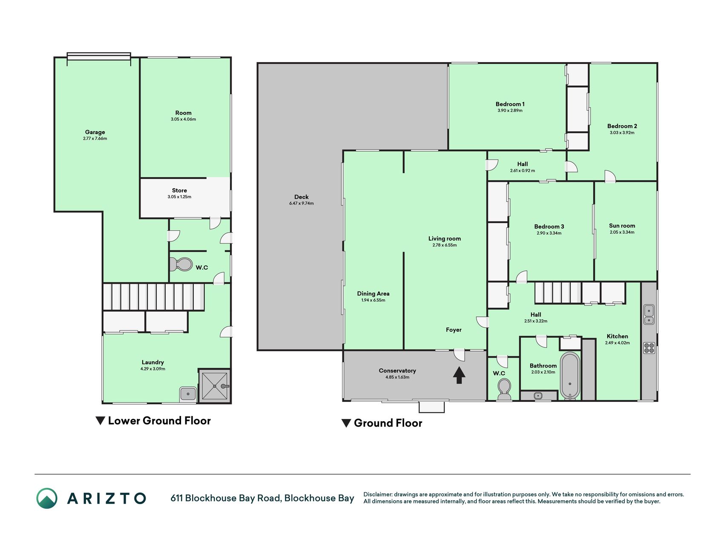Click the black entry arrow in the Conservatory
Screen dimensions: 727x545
pyautogui.click(x=459, y=375)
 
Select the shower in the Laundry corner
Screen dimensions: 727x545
pyautogui.click(x=215, y=386)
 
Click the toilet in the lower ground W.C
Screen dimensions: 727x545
pyautogui.click(x=181, y=264)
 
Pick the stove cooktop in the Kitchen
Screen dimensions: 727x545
pyautogui.click(x=649, y=348)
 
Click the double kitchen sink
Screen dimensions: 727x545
pyautogui.click(x=649, y=314)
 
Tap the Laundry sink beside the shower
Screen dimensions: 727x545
pyautogui.click(x=188, y=394)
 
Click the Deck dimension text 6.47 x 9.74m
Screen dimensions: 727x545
pyautogui.click(x=302, y=204)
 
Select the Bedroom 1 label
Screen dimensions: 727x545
pyautogui.click(x=510, y=104)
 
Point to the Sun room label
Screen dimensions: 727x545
pyautogui.click(x=622, y=226)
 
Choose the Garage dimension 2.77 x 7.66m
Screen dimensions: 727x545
pyautogui.click(x=95, y=138)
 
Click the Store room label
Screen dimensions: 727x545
pyautogui.click(x=179, y=190)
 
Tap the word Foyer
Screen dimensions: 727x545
pyautogui.click(x=454, y=330)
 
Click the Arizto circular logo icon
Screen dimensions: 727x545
pyautogui.click(x=47, y=498)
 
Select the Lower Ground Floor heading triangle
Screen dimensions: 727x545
pyautogui.click(x=101, y=421)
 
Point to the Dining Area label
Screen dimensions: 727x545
pyautogui.click(x=373, y=293)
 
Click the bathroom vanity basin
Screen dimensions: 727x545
pyautogui.click(x=538, y=396)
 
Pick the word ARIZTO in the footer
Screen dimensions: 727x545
pyautogui.click(x=106, y=498)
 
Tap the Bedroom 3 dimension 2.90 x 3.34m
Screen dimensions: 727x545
pyautogui.click(x=549, y=233)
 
